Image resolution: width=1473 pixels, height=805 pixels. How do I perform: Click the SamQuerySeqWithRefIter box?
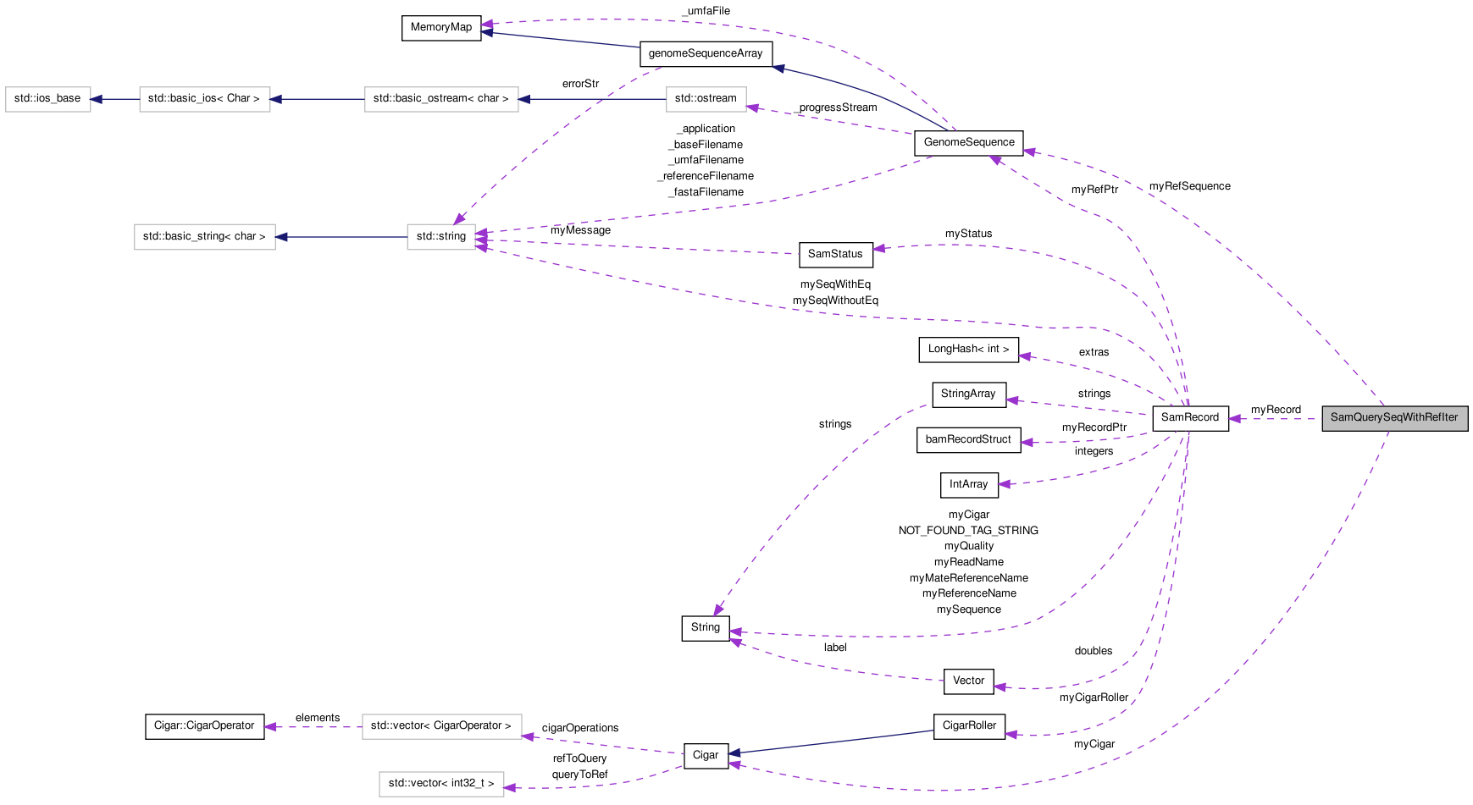[1394, 418]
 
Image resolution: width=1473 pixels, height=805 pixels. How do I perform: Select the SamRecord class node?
[1190, 418]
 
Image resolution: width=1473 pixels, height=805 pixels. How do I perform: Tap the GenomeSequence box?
[969, 143]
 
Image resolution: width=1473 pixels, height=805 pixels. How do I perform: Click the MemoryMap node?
[441, 28]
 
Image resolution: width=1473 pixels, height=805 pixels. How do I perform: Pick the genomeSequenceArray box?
[706, 54]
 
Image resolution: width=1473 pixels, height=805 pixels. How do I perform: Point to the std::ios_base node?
[47, 99]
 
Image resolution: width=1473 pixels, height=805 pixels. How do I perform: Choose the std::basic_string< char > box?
[204, 237]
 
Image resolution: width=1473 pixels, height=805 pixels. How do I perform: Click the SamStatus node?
[835, 255]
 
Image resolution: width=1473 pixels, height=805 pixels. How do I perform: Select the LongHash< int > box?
[968, 350]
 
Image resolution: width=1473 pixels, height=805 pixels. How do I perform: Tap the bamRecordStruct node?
[968, 440]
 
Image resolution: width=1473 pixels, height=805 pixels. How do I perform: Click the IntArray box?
[969, 485]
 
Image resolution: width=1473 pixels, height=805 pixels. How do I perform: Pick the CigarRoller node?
[969, 726]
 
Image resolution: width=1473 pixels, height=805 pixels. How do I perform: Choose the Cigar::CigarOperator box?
[204, 726]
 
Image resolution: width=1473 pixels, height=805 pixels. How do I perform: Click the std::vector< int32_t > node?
[441, 784]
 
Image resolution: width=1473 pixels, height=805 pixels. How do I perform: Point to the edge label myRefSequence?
[1189, 186]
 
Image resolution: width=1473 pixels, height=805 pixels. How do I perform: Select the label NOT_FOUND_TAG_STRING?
[968, 531]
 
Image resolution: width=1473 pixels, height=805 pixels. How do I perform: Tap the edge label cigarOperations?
[580, 728]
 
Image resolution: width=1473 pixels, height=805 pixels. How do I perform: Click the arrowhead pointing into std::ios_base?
[97, 99]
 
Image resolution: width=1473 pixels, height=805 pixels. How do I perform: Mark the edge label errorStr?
[580, 84]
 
